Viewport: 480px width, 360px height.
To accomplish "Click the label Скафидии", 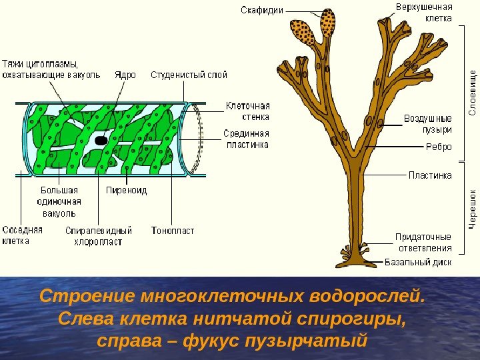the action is [262, 11].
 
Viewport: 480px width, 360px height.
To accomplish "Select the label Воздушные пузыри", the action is [427, 123].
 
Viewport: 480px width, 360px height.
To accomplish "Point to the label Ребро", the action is [438, 147].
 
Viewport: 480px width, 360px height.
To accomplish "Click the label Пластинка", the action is [429, 175].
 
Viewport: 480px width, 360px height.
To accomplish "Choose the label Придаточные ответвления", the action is [423, 241].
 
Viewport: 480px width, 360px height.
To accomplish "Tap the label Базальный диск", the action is [418, 261].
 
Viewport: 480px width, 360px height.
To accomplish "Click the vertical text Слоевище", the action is [473, 93].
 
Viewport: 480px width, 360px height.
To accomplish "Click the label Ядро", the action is [125, 75].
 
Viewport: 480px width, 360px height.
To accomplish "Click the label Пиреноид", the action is [127, 191].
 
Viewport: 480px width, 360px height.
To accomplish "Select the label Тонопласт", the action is [173, 231].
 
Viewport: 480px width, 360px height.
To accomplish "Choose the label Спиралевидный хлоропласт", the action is [99, 236].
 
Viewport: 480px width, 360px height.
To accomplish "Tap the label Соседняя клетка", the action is [22, 235].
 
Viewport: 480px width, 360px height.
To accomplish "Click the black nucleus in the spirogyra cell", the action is [101, 141].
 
